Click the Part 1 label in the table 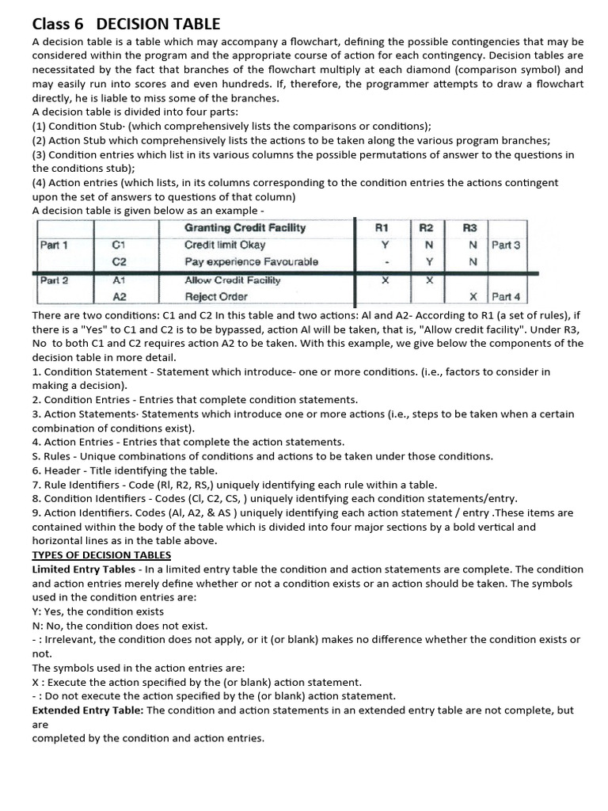54,245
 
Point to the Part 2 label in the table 54,280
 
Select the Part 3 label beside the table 506,245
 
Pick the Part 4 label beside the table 506,297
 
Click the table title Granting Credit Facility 245,227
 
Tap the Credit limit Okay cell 225,245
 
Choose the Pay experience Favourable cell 251,261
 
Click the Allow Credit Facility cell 233,280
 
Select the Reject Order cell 216,297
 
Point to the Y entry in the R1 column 385,245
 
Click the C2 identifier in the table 120,261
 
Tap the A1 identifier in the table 120,280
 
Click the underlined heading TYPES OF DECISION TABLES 101,554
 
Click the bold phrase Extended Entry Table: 87,710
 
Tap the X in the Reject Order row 473,297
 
